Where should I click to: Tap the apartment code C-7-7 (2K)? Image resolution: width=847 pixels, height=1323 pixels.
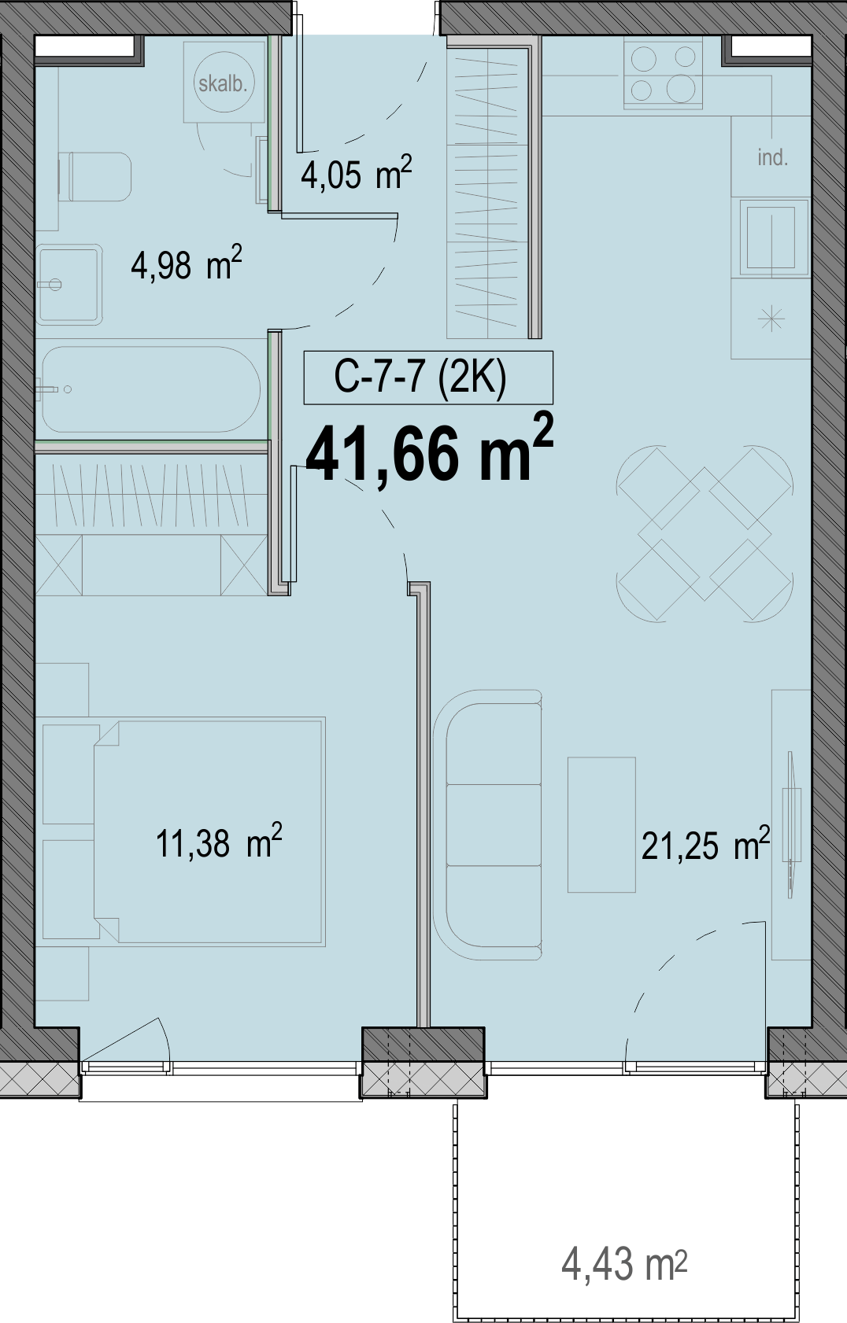(x=420, y=378)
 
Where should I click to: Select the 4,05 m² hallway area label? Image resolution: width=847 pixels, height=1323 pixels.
(x=357, y=172)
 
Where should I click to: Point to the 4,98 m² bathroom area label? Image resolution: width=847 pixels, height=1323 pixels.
(x=187, y=263)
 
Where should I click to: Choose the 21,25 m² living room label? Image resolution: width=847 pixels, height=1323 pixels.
(x=706, y=844)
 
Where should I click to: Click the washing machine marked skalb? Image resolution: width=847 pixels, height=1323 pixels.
(x=223, y=82)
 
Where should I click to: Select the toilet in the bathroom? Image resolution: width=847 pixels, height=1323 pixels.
(x=94, y=177)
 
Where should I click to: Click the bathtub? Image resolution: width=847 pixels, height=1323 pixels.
(x=150, y=389)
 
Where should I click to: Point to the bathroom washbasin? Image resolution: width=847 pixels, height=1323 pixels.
(x=68, y=285)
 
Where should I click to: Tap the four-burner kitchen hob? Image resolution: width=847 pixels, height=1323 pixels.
(x=663, y=74)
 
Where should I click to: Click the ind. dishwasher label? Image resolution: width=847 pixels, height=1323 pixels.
(x=772, y=157)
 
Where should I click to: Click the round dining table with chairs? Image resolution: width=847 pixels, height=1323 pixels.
(x=705, y=533)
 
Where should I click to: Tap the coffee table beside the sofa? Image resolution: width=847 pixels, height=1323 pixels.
(x=601, y=824)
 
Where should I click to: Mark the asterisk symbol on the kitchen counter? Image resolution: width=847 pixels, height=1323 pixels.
(x=772, y=319)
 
